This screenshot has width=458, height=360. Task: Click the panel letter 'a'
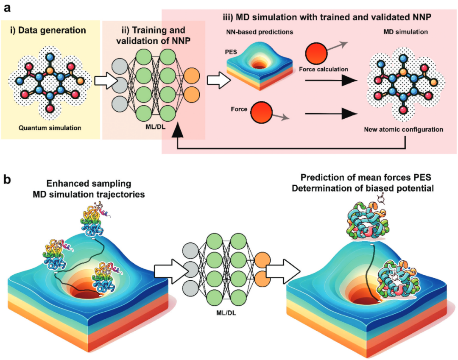click(7, 7)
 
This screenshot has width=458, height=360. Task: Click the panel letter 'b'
click(8, 179)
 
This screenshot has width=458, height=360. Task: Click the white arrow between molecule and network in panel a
click(103, 81)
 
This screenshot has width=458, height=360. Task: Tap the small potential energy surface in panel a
click(257, 68)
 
